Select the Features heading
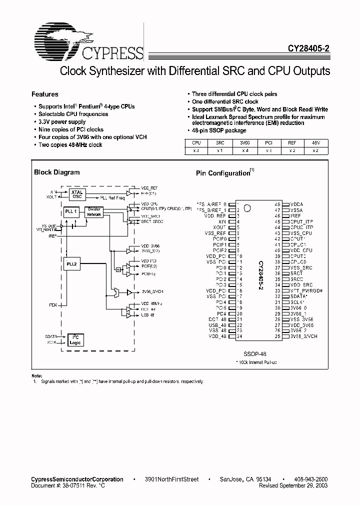45,94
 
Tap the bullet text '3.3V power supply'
62,121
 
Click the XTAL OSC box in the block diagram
77,194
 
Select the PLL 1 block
71,211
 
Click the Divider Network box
94,211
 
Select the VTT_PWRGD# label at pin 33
303,290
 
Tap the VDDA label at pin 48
296,204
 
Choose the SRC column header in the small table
219,142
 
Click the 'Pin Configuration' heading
223,173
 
